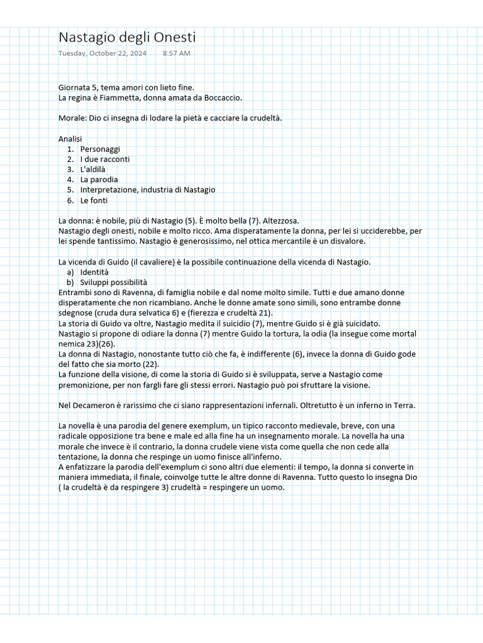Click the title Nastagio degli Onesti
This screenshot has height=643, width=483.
click(x=127, y=38)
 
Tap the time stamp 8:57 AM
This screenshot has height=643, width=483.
click(x=176, y=53)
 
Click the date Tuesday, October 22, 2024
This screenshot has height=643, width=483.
click(x=103, y=53)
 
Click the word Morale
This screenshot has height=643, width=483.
click(x=71, y=118)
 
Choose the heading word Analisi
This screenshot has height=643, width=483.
click(x=70, y=139)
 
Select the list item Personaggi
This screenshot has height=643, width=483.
click(x=100, y=149)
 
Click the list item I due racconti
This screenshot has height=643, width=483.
click(x=105, y=159)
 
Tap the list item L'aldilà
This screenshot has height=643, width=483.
click(x=93, y=170)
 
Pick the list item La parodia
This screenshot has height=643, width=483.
click(x=99, y=180)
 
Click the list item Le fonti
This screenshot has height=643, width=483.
click(x=94, y=200)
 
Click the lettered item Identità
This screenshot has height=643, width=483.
click(x=94, y=272)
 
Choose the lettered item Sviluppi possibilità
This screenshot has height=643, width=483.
click(x=114, y=282)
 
